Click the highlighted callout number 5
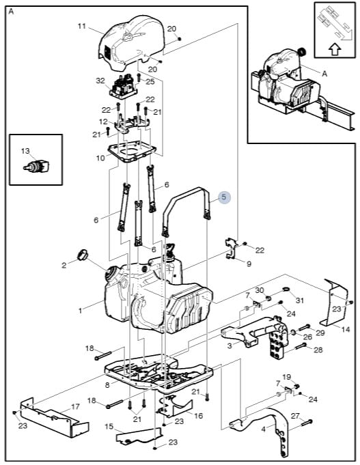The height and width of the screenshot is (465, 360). pyautogui.click(x=224, y=197)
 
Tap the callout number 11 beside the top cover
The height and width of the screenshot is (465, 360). pyautogui.click(x=82, y=26)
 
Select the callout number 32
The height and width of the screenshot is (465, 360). pyautogui.click(x=100, y=81)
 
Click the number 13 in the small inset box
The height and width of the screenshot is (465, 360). pyautogui.click(x=25, y=151)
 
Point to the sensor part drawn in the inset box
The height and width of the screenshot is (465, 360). pyautogui.click(x=36, y=166)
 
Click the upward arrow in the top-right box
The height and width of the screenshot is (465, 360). pyautogui.click(x=335, y=50)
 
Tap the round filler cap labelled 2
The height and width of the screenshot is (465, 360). pyautogui.click(x=83, y=255)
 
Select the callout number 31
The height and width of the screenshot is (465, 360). pyautogui.click(x=300, y=300)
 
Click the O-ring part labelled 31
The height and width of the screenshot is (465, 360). pyautogui.click(x=286, y=289)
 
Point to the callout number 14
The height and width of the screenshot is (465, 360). pyautogui.click(x=346, y=329)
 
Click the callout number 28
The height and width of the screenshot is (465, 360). pyautogui.click(x=318, y=350)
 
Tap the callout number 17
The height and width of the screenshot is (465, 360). pyautogui.click(x=75, y=406)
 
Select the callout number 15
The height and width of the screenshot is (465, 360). pyautogui.click(x=109, y=427)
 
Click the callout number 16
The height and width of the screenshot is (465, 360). pyautogui.click(x=198, y=416)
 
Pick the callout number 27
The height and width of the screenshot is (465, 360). pyautogui.click(x=295, y=416)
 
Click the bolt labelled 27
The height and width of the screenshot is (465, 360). pyautogui.click(x=307, y=423)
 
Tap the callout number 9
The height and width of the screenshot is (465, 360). pyautogui.click(x=249, y=264)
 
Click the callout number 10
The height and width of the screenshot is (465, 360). pyautogui.click(x=100, y=158)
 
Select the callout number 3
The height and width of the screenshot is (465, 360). pyautogui.click(x=230, y=346)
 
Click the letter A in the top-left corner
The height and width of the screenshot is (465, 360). pyautogui.click(x=12, y=12)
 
